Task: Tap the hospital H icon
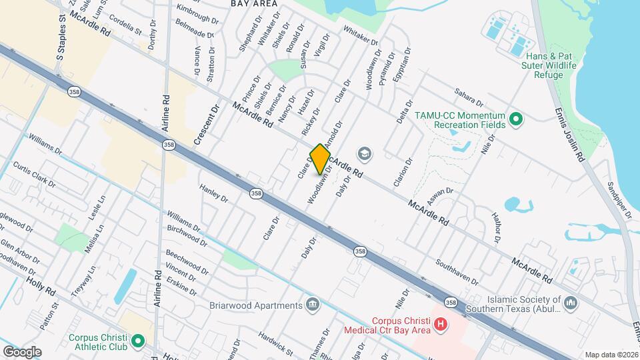[x=440, y=325]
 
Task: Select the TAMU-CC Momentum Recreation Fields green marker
[x=515, y=120]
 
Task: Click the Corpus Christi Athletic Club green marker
[x=138, y=342]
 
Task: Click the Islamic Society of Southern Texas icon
[x=571, y=304]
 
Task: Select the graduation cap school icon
[x=364, y=155]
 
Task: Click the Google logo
[x=22, y=351]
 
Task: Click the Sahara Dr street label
[x=469, y=96]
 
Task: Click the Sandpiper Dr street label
[x=619, y=200]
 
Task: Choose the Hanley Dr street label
[x=214, y=194]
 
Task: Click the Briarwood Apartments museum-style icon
[x=312, y=305]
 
